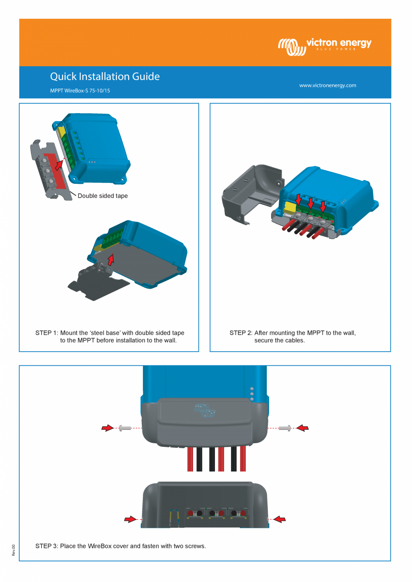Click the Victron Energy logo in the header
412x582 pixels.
[x=325, y=46]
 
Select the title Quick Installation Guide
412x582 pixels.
[x=105, y=76]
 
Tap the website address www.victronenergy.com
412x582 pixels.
[x=328, y=85]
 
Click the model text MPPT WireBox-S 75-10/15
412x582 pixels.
[x=80, y=90]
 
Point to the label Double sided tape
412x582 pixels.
[x=103, y=196]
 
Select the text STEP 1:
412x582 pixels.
[x=47, y=333]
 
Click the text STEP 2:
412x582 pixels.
[x=240, y=333]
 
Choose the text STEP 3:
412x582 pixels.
[x=47, y=546]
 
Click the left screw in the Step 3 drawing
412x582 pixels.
[x=125, y=429]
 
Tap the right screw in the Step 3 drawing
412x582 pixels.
[x=284, y=429]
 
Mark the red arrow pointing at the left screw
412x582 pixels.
[x=107, y=429]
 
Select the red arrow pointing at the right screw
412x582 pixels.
[x=303, y=429]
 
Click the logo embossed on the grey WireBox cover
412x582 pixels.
[x=205, y=410]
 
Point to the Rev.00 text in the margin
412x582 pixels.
[x=13, y=550]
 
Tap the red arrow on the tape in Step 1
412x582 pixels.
[x=59, y=164]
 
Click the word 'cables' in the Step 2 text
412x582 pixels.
[x=294, y=340]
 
